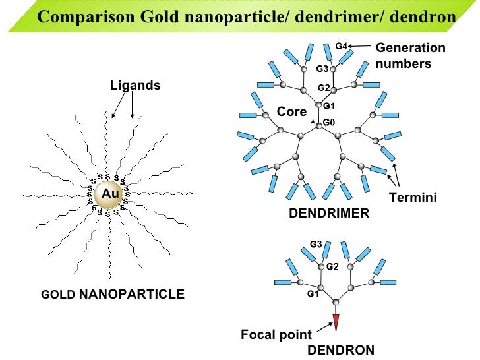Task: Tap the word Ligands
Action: pyautogui.click(x=135, y=86)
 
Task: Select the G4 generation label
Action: pyautogui.click(x=341, y=46)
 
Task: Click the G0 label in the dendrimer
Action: pyautogui.click(x=329, y=123)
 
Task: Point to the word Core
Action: pyautogui.click(x=291, y=111)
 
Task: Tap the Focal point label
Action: pyautogui.click(x=276, y=334)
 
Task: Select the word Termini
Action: pyautogui.click(x=413, y=197)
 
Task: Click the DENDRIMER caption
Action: pyautogui.click(x=329, y=214)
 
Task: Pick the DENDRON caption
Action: pyautogui.click(x=341, y=350)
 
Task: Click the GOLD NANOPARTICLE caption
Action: pyautogui.click(x=113, y=294)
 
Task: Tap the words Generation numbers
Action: pyautogui.click(x=411, y=55)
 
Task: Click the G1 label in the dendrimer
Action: pyautogui.click(x=329, y=106)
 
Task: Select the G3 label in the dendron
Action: pyautogui.click(x=316, y=244)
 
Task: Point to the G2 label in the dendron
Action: pyautogui.click(x=332, y=267)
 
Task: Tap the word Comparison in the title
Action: pyautogui.click(x=86, y=16)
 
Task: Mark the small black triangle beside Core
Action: pyautogui.click(x=313, y=122)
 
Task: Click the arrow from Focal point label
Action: pyautogui.click(x=325, y=327)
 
